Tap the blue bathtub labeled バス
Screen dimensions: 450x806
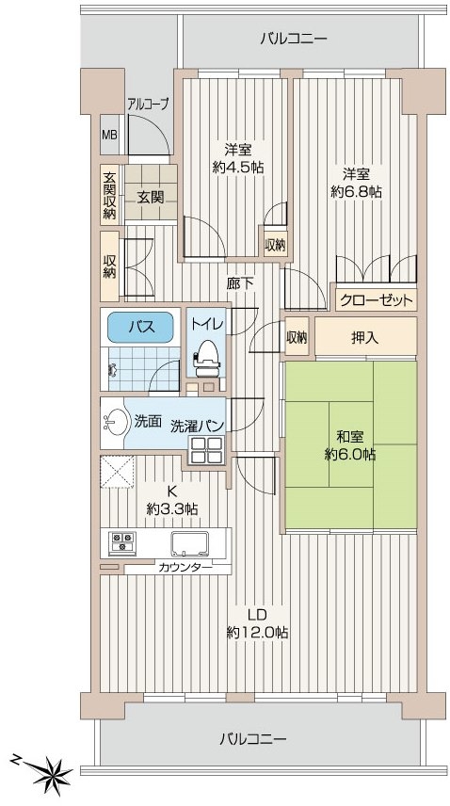pyautogui.click(x=139, y=327)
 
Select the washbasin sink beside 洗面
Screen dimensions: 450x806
pyautogui.click(x=116, y=423)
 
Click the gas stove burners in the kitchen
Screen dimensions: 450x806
pyautogui.click(x=122, y=542)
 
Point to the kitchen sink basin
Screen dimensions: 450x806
pyautogui.click(x=190, y=544)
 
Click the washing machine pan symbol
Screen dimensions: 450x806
pyautogui.click(x=206, y=450)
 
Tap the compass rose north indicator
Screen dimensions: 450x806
pyautogui.click(x=53, y=771)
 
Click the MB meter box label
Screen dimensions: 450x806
pyautogui.click(x=109, y=136)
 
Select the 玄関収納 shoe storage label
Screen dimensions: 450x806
pyautogui.click(x=109, y=195)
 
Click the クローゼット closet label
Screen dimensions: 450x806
pyautogui.click(x=377, y=300)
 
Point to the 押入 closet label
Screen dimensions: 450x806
pyautogui.click(x=364, y=338)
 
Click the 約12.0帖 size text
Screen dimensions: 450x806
pyautogui.click(x=257, y=632)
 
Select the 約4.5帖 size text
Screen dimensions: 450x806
pyautogui.click(x=238, y=167)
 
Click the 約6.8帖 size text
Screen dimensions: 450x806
pyautogui.click(x=356, y=191)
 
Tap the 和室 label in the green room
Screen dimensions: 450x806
pyautogui.click(x=350, y=438)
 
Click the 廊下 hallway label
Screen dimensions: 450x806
pyautogui.click(x=240, y=283)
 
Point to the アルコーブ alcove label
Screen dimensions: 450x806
pyautogui.click(x=148, y=105)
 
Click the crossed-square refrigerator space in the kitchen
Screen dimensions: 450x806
pyautogui.click(x=118, y=472)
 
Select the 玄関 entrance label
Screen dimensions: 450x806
pyautogui.click(x=151, y=197)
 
